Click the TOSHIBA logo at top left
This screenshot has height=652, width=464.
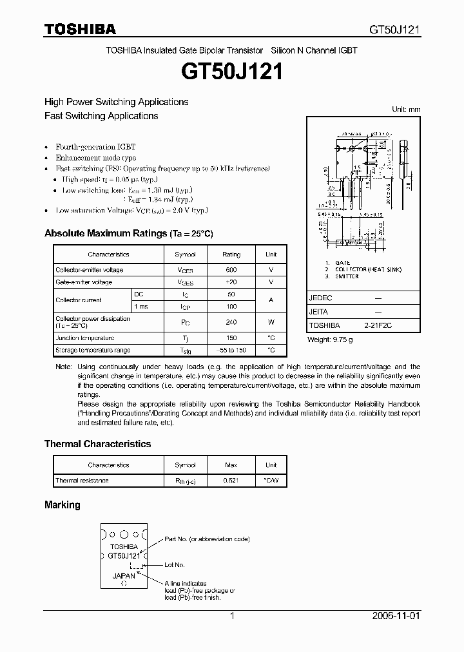coord(80,29)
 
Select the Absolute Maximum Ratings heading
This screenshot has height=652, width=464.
coord(128,233)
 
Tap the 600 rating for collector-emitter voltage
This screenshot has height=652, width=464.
coord(231,270)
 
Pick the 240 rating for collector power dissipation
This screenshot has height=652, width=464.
coord(231,322)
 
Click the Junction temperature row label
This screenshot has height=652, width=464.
coord(85,338)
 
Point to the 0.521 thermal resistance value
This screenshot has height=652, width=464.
coord(231,481)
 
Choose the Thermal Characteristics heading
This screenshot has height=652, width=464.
coord(97,444)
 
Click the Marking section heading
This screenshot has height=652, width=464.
coord(62,505)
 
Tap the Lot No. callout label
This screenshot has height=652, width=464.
coord(175,564)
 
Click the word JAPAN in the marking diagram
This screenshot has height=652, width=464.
coord(124,576)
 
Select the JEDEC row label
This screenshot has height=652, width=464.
coord(320,299)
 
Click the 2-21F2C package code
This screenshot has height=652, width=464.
coord(378,326)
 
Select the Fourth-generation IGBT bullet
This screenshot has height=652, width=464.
coord(95,147)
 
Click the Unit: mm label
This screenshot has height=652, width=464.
coord(406,110)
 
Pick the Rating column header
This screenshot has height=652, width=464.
coord(231,254)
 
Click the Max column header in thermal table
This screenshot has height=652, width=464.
coord(231,465)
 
